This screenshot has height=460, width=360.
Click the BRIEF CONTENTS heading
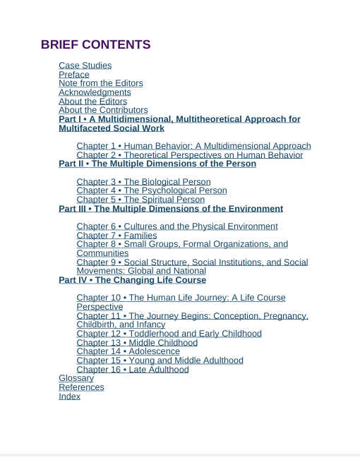pos(95,44)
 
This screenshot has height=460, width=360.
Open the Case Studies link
pos(85,66)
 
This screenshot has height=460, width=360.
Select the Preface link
pos(74,75)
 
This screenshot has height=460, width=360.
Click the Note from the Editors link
pos(100,83)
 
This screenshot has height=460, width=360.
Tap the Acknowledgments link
pos(95,92)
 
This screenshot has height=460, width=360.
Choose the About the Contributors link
pos(103,110)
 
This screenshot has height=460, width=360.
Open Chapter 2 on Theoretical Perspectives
pos(189,155)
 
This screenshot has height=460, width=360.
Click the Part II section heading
pos(157,164)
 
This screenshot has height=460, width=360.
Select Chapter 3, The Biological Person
pos(143,182)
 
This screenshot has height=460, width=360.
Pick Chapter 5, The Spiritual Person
pos(140,200)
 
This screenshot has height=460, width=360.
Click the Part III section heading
pos(170,209)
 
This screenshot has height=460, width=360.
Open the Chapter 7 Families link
pos(116,236)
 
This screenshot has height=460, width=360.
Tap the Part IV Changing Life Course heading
pos(132,280)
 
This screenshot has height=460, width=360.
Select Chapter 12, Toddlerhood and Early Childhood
pos(169,334)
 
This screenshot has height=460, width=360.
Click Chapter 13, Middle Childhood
pos(137,343)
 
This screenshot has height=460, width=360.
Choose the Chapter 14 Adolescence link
pos(128,351)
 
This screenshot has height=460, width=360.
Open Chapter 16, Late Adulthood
pos(132,370)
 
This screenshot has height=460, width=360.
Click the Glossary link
pos(76,378)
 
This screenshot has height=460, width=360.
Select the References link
pos(81,387)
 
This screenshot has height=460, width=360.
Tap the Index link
pos(69,397)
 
